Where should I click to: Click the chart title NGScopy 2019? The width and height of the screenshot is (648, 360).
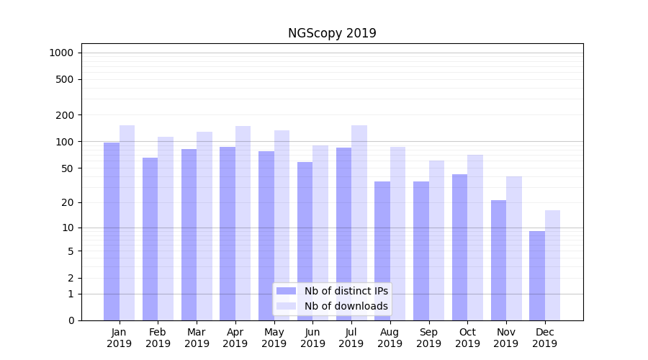click(332, 33)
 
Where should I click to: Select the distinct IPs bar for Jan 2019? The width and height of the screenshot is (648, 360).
click(112, 230)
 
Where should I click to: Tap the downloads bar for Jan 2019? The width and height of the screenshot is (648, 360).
click(127, 223)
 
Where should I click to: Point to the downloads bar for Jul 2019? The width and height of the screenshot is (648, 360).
click(359, 223)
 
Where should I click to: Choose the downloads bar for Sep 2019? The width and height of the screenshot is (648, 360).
click(436, 240)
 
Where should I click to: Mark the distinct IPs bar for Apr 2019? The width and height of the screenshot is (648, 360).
click(228, 233)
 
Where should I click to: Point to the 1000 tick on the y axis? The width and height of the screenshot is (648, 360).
click(61, 53)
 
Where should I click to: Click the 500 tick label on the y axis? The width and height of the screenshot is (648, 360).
click(66, 79)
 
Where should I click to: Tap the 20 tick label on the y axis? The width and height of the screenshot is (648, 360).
click(68, 202)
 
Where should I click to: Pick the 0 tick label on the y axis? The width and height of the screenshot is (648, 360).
click(71, 320)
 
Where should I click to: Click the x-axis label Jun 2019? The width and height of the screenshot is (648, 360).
click(312, 338)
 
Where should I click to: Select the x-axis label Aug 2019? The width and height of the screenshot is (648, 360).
click(390, 338)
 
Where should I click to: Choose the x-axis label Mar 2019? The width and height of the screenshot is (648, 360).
click(197, 338)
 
